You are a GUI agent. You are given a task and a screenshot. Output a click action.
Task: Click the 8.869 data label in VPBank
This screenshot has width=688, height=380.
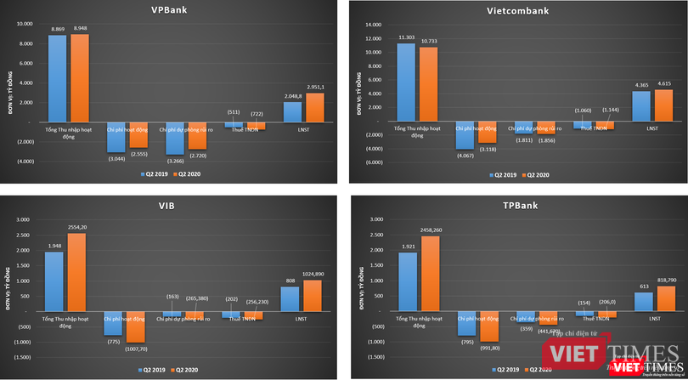click(59, 29)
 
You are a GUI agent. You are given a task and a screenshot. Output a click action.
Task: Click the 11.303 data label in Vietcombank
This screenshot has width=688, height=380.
click(406, 37)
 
